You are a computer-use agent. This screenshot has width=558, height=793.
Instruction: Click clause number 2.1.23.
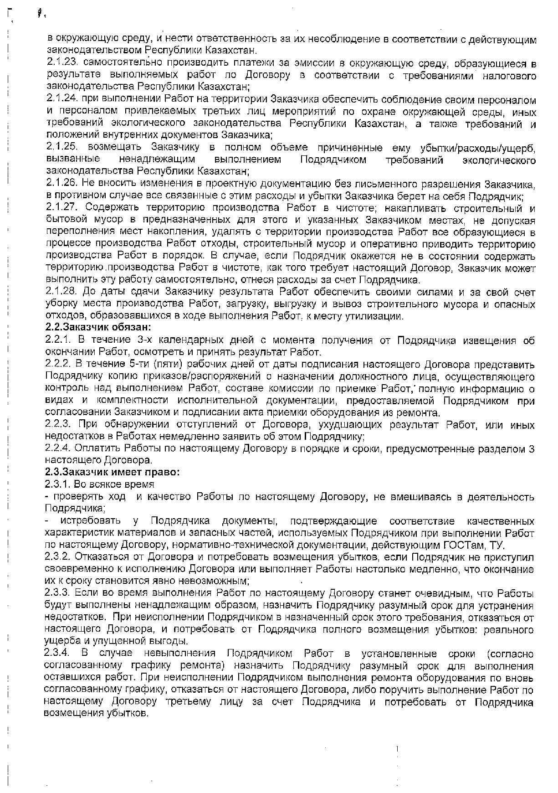63,62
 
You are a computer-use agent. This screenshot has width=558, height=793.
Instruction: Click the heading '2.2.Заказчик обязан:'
98,327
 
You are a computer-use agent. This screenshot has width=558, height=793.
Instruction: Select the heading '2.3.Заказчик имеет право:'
112,472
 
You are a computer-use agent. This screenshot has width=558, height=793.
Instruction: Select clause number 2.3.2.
58,557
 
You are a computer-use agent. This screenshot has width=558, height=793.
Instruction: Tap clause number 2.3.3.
58,593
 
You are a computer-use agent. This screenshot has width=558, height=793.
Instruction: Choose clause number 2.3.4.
58,654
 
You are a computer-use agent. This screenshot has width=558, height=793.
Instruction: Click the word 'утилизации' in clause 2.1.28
379,316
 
